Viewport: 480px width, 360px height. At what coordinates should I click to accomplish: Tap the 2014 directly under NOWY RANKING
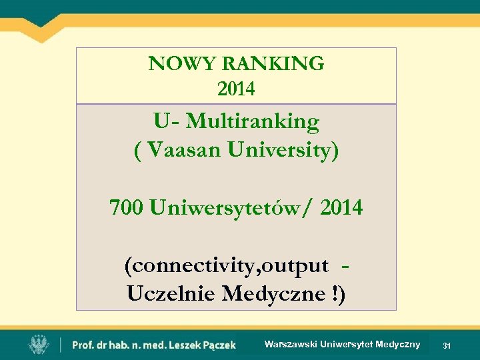coord(236,87)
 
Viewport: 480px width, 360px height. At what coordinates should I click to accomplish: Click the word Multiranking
coord(253,122)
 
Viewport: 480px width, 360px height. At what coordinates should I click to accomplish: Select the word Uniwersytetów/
coord(233,209)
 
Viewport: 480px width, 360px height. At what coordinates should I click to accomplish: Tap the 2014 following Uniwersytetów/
coord(341,209)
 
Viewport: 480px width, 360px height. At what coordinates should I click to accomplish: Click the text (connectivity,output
coord(226,266)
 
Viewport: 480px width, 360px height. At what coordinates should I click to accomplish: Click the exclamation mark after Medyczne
coord(335,293)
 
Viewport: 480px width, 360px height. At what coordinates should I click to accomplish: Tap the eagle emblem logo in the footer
coord(38,345)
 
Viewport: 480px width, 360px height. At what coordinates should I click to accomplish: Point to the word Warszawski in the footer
coord(291,344)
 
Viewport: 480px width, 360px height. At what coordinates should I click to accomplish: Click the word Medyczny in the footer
coord(398,344)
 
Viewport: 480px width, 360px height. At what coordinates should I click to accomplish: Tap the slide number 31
coord(447,346)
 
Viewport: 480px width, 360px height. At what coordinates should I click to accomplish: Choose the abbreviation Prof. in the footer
coord(83,345)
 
